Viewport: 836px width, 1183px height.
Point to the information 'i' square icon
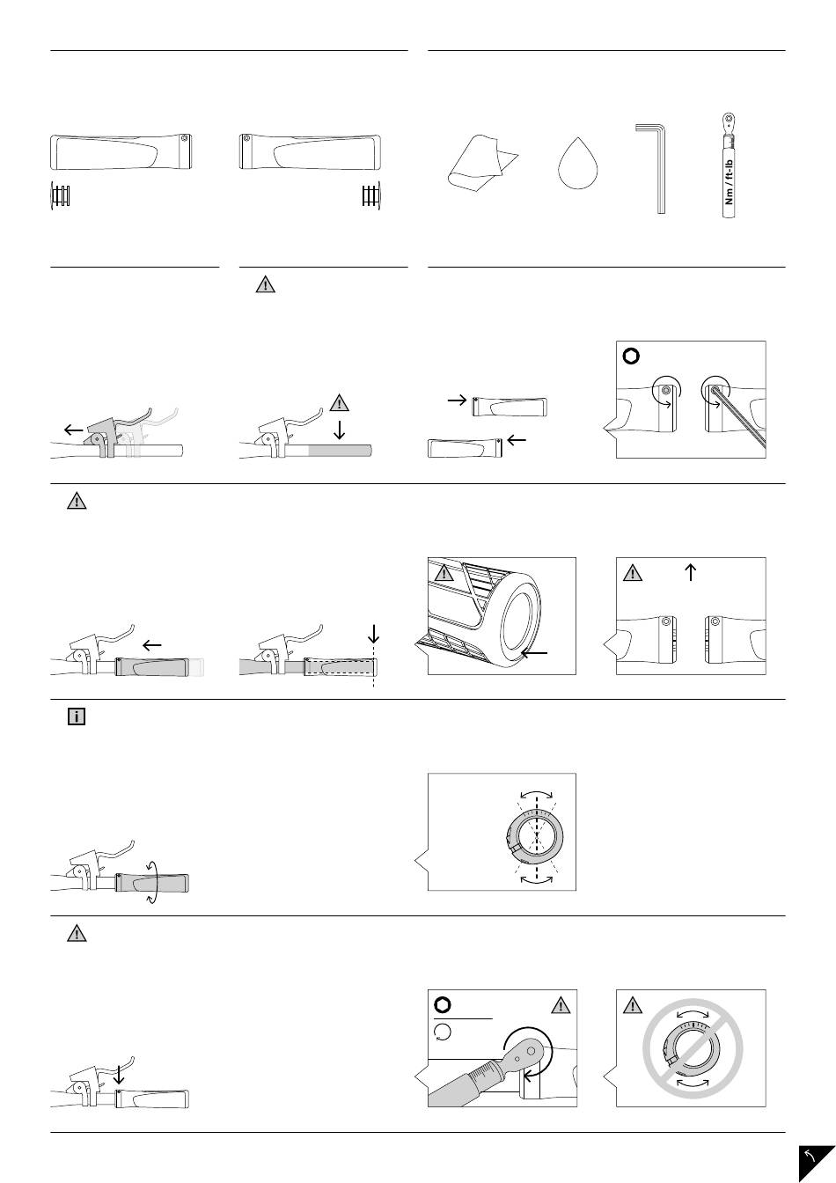[x=77, y=717]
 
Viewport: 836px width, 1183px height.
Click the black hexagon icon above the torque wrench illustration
[x=443, y=1006]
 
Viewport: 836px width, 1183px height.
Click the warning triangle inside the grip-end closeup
[x=443, y=574]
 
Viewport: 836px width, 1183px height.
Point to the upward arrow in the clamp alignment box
[x=691, y=572]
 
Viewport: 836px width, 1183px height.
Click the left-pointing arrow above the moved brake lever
[x=76, y=430]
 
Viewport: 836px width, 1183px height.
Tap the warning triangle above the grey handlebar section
[x=339, y=403]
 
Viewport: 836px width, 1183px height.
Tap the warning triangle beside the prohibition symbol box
[x=632, y=1006]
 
